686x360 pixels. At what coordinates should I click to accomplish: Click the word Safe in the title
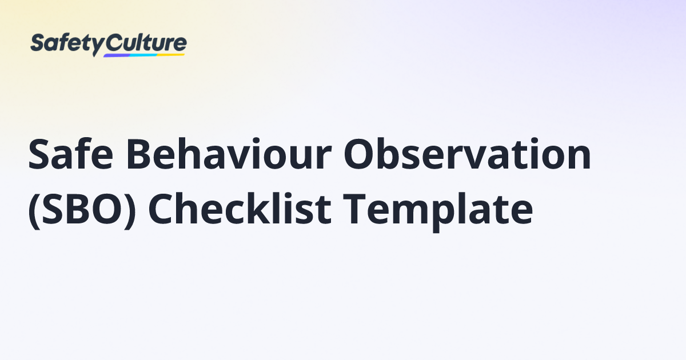pyautogui.click(x=71, y=154)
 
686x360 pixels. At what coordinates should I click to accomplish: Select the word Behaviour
pyautogui.click(x=229, y=153)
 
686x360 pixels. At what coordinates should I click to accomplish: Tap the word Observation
pyautogui.click(x=468, y=153)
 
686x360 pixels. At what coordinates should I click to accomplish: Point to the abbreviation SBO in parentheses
pyautogui.click(x=82, y=209)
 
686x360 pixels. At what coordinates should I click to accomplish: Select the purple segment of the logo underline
pyautogui.click(x=117, y=56)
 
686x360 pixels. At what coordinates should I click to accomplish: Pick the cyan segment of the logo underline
pyautogui.click(x=144, y=55)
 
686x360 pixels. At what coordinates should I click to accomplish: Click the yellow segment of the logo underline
pyautogui.click(x=171, y=55)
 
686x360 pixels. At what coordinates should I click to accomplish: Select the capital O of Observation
pyautogui.click(x=359, y=154)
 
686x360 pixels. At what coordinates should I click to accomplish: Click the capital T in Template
pyautogui.click(x=354, y=209)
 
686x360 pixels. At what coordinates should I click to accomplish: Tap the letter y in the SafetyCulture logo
pyautogui.click(x=98, y=47)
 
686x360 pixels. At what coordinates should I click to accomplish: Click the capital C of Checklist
pyautogui.click(x=161, y=209)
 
